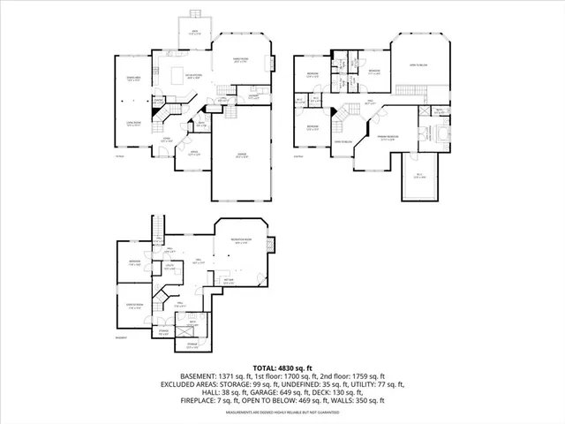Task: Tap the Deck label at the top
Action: tap(196, 32)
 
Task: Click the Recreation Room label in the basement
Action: tap(242, 241)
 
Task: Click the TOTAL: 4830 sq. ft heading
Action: tap(282, 367)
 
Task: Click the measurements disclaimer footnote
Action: tap(282, 413)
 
